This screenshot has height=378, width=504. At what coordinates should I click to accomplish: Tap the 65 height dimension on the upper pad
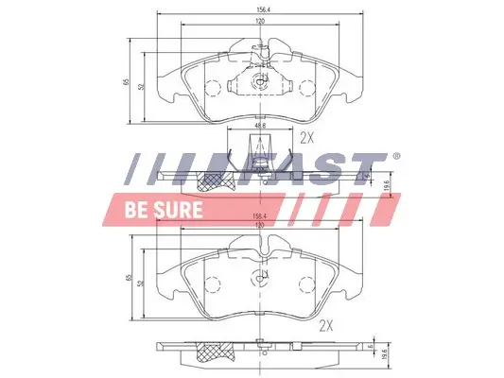click(126, 82)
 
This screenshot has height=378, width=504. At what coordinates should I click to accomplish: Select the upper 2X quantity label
click(306, 137)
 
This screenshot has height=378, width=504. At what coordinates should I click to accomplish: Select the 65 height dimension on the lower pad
click(126, 280)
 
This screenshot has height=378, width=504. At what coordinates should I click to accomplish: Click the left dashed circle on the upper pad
click(213, 88)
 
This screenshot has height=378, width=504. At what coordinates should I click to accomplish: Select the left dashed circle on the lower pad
click(213, 283)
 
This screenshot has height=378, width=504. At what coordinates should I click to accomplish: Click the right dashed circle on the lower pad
click(305, 283)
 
